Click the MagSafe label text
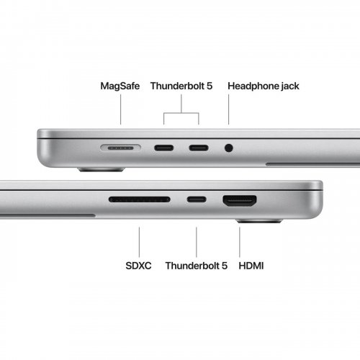tap(121, 86)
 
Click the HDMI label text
tap(251, 266)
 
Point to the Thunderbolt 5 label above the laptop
tap(182, 86)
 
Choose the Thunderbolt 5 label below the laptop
tap(196, 266)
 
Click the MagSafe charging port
tap(120, 148)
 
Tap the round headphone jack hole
tap(229, 148)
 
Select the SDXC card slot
tap(140, 199)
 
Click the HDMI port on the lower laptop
tap(240, 200)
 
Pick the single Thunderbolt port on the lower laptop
tap(196, 199)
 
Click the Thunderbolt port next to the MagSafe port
tap(164, 148)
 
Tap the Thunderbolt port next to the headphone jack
tap(199, 148)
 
